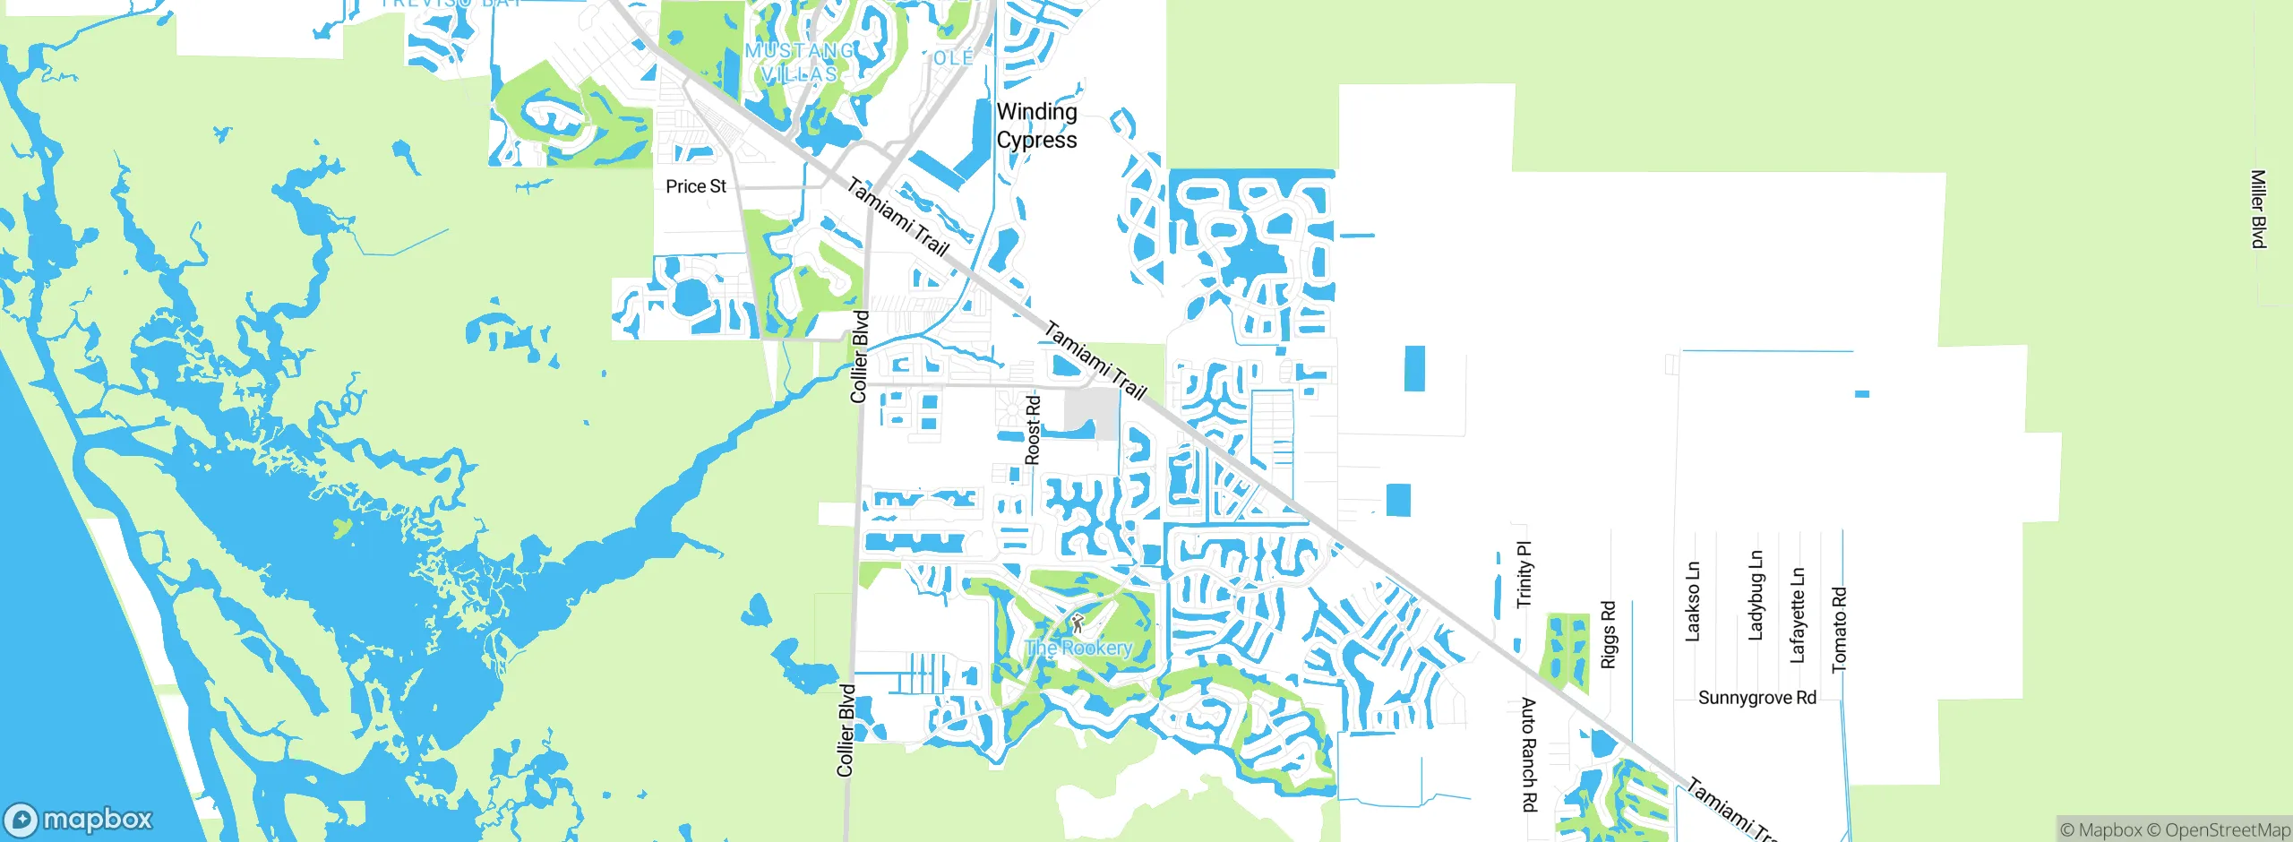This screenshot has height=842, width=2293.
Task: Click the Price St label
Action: [x=696, y=186]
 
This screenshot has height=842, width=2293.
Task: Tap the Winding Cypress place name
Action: [x=1036, y=125]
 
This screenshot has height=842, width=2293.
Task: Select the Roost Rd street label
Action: [x=1033, y=430]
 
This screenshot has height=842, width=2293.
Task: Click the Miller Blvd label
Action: [x=2258, y=209]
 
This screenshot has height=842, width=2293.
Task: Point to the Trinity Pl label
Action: [x=1524, y=574]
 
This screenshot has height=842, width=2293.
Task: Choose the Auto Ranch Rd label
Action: [x=1529, y=754]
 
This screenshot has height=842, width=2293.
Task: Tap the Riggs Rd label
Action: [x=1608, y=634]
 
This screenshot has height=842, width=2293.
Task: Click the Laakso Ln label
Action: [x=1692, y=601]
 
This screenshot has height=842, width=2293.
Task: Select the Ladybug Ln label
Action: [x=1756, y=595]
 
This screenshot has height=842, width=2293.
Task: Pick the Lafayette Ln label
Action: [x=1797, y=615]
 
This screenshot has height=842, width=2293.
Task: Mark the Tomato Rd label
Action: [x=1839, y=629]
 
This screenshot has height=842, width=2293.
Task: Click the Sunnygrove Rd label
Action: [x=1756, y=698]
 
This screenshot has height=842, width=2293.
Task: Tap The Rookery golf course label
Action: [x=1078, y=648]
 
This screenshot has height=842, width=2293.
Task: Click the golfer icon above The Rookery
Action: [x=1078, y=623]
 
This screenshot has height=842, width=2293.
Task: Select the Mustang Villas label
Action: [x=800, y=63]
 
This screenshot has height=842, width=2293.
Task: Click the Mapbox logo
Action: [x=79, y=819]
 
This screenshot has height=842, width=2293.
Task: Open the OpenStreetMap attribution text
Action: [x=2218, y=830]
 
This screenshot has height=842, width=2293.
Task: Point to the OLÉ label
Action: [x=953, y=58]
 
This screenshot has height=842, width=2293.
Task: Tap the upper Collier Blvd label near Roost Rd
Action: [x=860, y=356]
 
